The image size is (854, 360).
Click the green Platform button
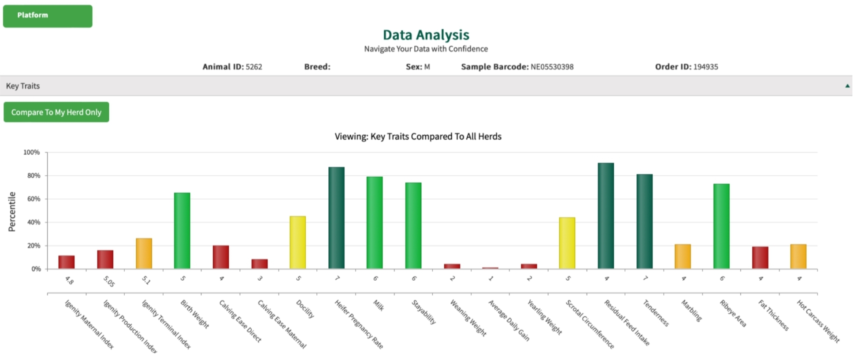[48, 16]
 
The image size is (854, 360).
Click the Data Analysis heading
[426, 35]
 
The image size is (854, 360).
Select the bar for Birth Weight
[182, 230]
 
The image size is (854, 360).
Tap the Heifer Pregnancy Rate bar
[336, 218]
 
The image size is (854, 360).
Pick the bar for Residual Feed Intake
[605, 215]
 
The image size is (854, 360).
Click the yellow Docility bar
[297, 242]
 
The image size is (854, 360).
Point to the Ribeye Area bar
[721, 226]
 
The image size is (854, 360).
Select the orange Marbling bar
[683, 256]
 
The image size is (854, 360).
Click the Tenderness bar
[644, 221]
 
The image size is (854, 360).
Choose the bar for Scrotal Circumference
[567, 243]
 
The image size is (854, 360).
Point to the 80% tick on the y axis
[33, 175]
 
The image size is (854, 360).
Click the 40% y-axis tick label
[33, 222]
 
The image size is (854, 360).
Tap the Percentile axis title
[12, 212]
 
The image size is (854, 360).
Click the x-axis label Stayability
[423, 312]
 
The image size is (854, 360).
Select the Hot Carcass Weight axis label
[818, 321]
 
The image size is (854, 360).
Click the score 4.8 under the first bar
[69, 280]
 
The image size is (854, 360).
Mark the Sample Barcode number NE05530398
[552, 67]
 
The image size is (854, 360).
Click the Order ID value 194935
[705, 67]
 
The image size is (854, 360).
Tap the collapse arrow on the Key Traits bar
[847, 86]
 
